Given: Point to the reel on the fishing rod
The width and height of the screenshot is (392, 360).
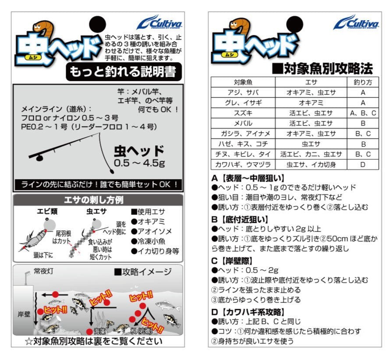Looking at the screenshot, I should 39,158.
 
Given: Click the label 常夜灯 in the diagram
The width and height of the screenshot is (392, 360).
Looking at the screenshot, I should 43,272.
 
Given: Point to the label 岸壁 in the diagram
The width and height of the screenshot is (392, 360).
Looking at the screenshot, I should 24,314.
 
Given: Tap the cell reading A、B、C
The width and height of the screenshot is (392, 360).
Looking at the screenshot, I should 363,113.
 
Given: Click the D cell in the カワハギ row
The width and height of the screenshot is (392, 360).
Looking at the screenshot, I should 363,165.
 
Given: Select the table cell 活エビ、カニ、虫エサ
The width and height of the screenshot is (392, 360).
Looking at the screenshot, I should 311,154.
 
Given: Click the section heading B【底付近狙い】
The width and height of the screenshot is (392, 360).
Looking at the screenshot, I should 240,219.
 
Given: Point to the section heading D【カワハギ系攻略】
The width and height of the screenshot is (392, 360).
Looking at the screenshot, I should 248,312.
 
